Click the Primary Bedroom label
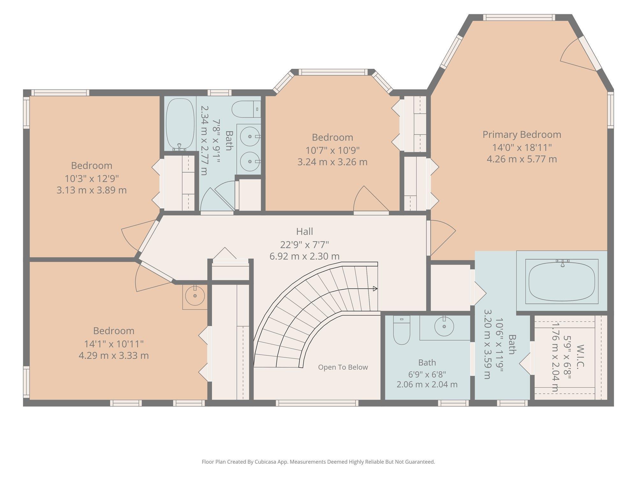[x=522, y=134]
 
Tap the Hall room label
[x=304, y=231]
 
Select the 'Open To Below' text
[x=343, y=367]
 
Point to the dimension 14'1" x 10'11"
[x=114, y=344]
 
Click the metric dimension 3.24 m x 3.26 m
[x=333, y=162]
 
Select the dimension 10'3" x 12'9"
[x=92, y=178]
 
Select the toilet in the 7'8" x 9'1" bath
[x=246, y=109]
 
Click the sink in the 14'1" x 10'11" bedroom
[x=195, y=296]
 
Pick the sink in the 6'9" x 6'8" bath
[x=444, y=327]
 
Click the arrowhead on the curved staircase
[x=375, y=289]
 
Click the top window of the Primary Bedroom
[x=519, y=18]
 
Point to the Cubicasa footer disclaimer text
[x=318, y=462]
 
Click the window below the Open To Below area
[x=317, y=403]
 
